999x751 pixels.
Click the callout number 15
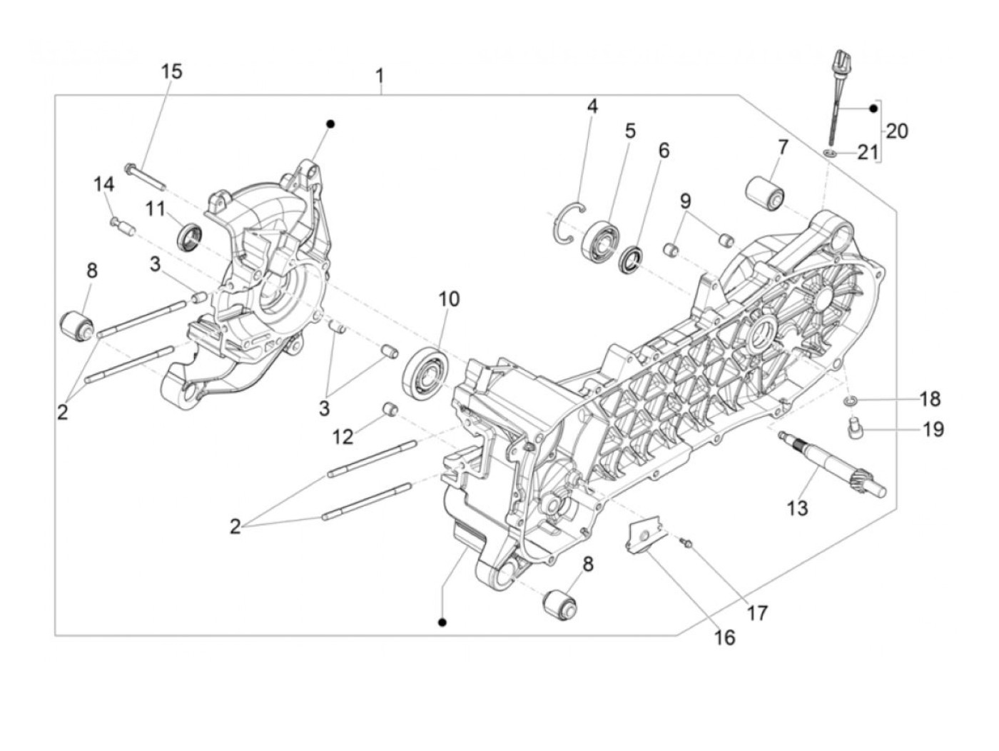click(171, 71)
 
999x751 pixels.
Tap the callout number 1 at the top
click(380, 75)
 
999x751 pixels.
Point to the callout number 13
click(797, 508)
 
